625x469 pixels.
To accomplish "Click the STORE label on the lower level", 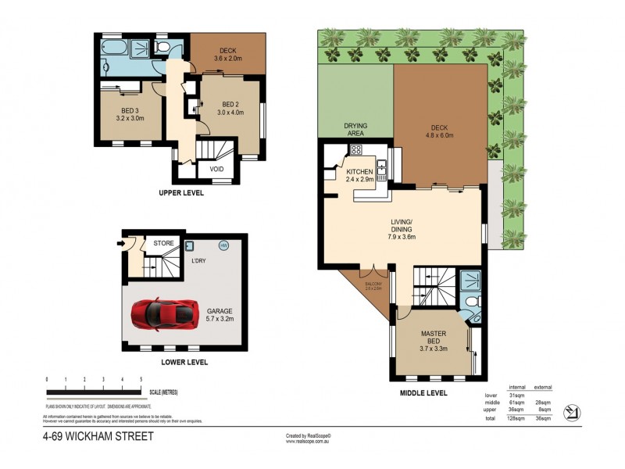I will (163, 244).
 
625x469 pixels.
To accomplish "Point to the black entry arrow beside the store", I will (120, 244).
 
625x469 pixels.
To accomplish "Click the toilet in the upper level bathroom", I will (162, 47).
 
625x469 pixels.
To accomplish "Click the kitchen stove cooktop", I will (355, 149).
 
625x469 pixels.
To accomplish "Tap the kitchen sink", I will (383, 166).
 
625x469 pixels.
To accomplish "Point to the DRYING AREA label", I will (355, 129).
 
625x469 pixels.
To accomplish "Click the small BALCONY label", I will (373, 285).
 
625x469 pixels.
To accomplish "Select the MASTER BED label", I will (433, 338).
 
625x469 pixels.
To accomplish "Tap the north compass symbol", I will (573, 411).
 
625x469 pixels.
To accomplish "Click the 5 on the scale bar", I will (141, 379).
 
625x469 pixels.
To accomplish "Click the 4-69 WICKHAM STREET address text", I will (98, 437).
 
